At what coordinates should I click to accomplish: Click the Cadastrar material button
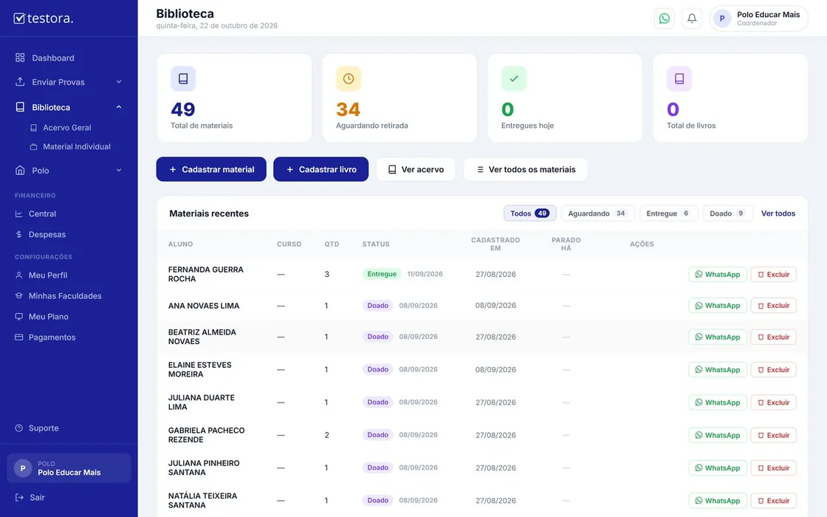(211, 169)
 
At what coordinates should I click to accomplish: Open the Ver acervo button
(416, 169)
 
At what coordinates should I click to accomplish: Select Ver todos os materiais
(525, 169)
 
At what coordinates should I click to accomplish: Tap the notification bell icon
(692, 18)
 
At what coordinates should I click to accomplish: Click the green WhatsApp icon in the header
(665, 18)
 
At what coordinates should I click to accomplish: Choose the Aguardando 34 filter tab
(597, 213)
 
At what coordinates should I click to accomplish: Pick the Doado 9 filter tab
(727, 213)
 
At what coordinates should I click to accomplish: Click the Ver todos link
(778, 213)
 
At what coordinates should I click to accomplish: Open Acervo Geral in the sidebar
(67, 128)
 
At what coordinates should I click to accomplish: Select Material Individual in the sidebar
(77, 147)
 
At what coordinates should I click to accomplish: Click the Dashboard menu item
(52, 58)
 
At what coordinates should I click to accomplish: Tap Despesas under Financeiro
(47, 234)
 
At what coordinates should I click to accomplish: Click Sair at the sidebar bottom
(37, 498)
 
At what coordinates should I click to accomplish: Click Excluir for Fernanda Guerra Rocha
(773, 274)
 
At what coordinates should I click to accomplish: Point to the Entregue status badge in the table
(382, 274)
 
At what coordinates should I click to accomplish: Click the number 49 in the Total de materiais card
(183, 109)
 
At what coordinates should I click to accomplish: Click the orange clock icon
(349, 78)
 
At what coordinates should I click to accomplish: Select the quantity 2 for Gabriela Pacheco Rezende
(327, 435)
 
